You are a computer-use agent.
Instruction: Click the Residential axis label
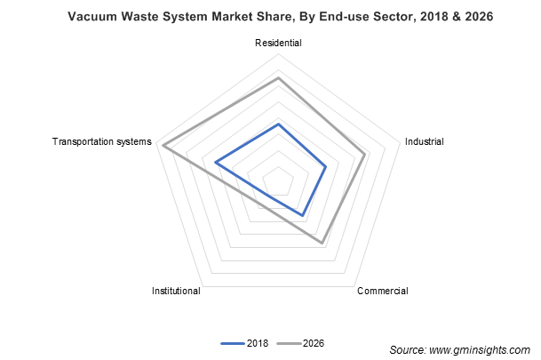point(278,43)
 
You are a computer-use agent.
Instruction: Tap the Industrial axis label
point(424,141)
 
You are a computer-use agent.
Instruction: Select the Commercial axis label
point(382,291)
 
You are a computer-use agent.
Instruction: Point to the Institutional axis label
point(176,291)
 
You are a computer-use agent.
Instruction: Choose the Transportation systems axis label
point(102,141)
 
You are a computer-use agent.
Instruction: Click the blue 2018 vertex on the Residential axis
point(278,124)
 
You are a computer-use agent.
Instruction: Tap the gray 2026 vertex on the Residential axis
point(278,78)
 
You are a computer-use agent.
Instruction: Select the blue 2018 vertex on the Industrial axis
point(326,166)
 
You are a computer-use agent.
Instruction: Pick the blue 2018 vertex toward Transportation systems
point(215,162)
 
